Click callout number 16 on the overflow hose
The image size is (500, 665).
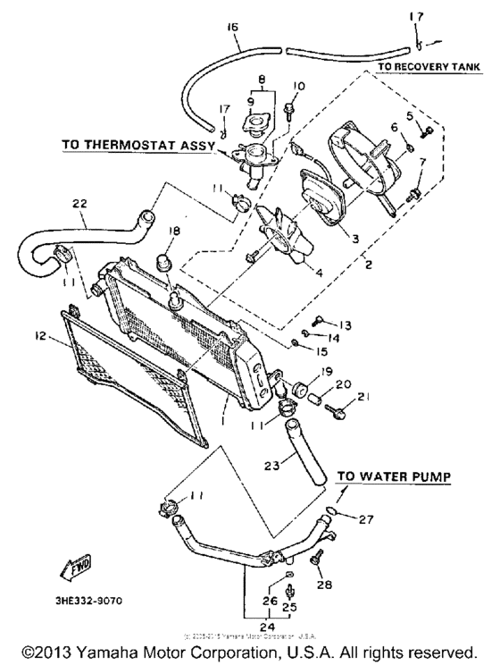coord(234,28)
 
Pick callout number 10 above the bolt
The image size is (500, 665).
coord(298,86)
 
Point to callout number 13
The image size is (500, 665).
coord(345,324)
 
